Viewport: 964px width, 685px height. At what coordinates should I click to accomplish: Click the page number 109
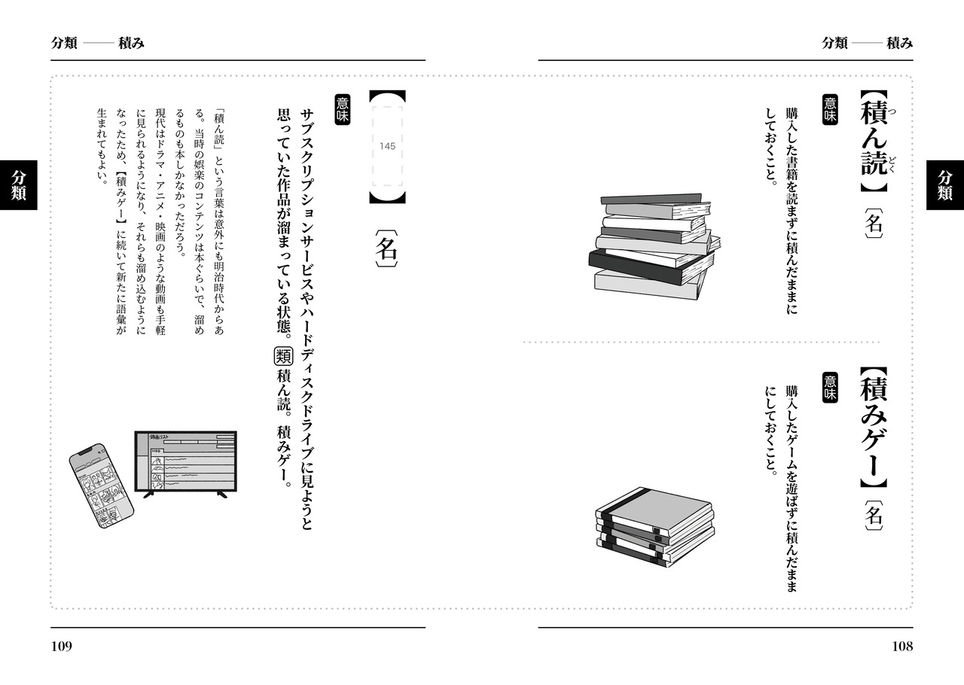point(62,646)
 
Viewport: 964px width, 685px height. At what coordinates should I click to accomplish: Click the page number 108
point(901,646)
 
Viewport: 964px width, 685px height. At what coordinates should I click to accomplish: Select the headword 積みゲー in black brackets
point(873,429)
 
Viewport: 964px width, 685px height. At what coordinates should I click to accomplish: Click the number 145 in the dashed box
point(387,146)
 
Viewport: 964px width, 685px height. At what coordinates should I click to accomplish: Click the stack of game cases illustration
point(654,526)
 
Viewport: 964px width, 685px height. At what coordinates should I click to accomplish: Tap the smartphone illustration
point(101,486)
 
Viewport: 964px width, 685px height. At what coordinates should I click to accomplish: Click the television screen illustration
point(185,463)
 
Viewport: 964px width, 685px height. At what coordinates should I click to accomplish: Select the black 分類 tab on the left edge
point(18,184)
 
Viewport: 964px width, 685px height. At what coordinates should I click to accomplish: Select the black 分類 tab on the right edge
point(945,184)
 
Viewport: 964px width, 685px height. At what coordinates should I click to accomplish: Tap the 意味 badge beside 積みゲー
point(830,385)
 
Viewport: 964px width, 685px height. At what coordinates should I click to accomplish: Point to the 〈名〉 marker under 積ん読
point(873,223)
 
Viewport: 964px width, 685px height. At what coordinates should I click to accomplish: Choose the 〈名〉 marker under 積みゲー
point(873,516)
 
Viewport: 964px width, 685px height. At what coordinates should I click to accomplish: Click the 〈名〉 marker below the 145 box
point(386,249)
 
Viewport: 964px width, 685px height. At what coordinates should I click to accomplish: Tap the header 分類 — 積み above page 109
point(98,43)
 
